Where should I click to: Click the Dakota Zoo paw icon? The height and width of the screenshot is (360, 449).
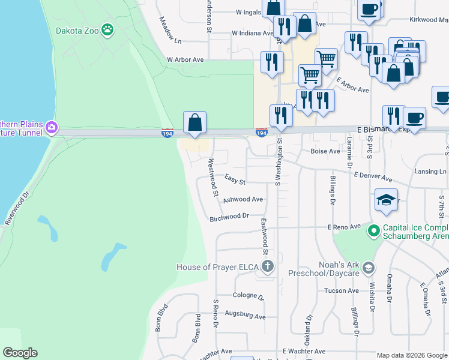pyautogui.click(x=107, y=29)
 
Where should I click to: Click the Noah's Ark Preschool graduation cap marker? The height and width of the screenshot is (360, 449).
pyautogui.click(x=369, y=267)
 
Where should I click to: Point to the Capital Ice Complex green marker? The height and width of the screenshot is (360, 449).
pyautogui.click(x=373, y=230)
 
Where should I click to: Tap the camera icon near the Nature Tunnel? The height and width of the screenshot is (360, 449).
pyautogui.click(x=52, y=127)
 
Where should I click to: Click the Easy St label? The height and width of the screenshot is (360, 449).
pyautogui.click(x=235, y=179)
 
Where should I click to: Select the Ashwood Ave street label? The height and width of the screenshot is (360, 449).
pyautogui.click(x=243, y=199)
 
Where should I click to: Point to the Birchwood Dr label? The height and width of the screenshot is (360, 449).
pyautogui.click(x=229, y=217)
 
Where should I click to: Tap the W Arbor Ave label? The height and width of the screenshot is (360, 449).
pyautogui.click(x=185, y=60)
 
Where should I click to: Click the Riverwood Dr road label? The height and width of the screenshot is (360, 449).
pyautogui.click(x=17, y=208)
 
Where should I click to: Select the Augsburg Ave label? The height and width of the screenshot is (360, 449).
pyautogui.click(x=245, y=315)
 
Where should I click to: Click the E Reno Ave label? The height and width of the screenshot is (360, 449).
pyautogui.click(x=344, y=227)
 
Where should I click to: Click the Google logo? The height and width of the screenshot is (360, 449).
pyautogui.click(x=20, y=353)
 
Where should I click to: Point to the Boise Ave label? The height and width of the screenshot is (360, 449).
pyautogui.click(x=325, y=152)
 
